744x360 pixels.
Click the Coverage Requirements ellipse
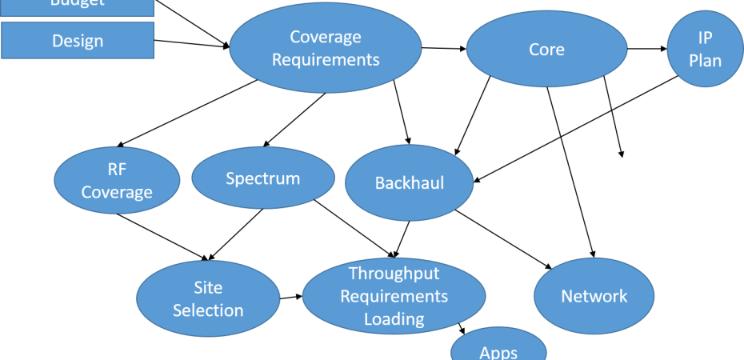pyautogui.click(x=326, y=49)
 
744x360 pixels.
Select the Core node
pyautogui.click(x=546, y=50)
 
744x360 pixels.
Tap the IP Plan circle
pyautogui.click(x=704, y=50)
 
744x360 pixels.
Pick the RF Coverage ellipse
pyautogui.click(x=117, y=182)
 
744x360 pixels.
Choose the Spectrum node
pyautogui.click(x=262, y=178)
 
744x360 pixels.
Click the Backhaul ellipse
pyautogui.click(x=409, y=183)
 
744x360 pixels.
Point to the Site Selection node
pyautogui.click(x=208, y=298)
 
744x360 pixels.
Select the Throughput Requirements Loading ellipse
pyautogui.click(x=394, y=296)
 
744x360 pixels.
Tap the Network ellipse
pyautogui.click(x=594, y=297)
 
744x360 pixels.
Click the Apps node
pyautogui.click(x=498, y=349)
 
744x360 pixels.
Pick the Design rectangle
pyautogui.click(x=78, y=41)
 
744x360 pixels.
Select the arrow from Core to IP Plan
pyautogui.click(x=647, y=49)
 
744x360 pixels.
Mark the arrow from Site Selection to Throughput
pyautogui.click(x=291, y=297)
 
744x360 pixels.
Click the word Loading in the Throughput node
pyautogui.click(x=394, y=318)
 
